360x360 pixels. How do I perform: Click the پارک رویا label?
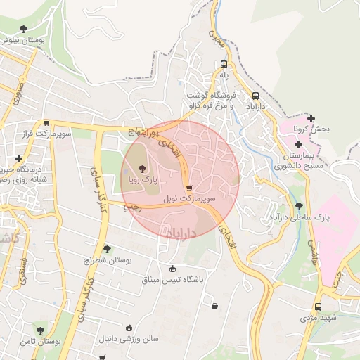coord(143,181)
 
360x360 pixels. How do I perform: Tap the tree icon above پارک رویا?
coord(143,169)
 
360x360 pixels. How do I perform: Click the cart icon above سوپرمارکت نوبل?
coord(189,188)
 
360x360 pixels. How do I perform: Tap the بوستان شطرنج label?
coord(108,260)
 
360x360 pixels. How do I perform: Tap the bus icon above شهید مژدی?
coord(318,307)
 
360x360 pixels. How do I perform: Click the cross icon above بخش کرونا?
coord(311,118)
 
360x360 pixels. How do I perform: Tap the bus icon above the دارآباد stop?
coord(255,96)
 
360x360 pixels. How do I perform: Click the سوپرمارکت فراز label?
coord(46,133)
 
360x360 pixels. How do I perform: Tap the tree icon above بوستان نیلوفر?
coord(24,30)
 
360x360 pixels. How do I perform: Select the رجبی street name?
coord(132,207)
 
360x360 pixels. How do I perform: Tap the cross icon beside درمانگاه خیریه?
coord(18,158)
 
